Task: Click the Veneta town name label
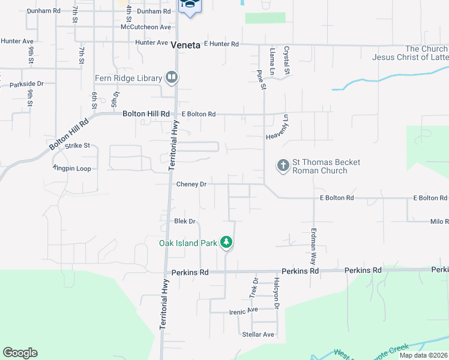pos(185,44)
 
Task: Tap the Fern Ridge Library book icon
pos(172,77)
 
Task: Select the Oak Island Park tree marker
pos(226,242)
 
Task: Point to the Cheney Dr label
pos(191,184)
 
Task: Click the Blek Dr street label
pos(185,221)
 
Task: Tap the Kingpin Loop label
pos(72,169)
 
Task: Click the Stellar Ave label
pos(258,334)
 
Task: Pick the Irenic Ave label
pos(243,311)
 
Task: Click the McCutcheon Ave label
pos(146,27)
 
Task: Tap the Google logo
pos(20,353)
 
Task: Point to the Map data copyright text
pos(423,355)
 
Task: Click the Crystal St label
pos(287,61)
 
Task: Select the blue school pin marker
pos(190,5)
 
